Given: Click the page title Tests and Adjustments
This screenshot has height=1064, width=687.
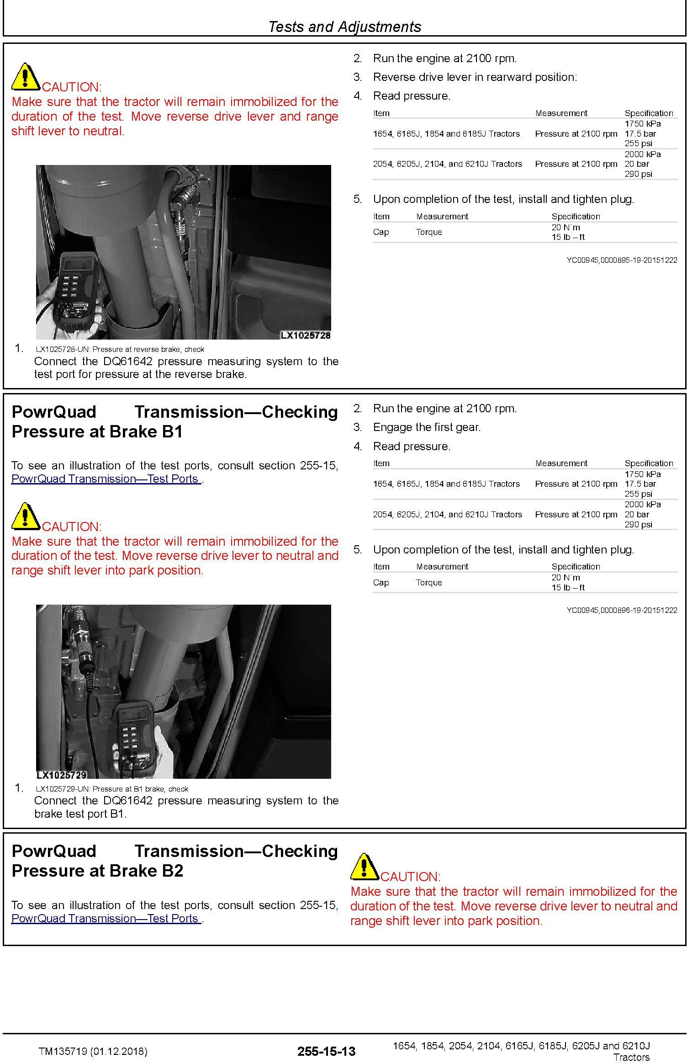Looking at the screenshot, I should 344,27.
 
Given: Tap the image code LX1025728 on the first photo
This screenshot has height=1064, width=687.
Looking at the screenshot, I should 305,335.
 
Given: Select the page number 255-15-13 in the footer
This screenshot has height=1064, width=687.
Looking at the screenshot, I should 326,1051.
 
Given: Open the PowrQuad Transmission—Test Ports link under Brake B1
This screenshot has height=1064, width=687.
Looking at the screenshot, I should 106,479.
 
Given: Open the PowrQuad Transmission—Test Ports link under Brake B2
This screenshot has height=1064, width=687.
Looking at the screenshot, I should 106,918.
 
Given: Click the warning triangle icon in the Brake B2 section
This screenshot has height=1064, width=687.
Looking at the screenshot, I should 364,867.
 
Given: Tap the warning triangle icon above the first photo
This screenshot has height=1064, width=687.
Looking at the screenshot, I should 26,77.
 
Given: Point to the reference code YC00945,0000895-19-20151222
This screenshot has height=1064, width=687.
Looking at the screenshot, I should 622,260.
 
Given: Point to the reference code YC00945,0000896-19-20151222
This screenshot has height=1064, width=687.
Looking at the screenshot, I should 622,610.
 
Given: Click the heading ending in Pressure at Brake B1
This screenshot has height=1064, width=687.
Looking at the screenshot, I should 174,421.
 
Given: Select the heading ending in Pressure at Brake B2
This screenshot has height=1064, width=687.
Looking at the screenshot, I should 174,861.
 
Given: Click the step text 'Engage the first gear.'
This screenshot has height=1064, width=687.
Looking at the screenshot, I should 427,427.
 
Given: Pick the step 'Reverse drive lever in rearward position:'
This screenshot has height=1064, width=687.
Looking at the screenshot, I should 475,77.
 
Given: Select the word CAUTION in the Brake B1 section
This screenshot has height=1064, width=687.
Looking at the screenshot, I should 72,527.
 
